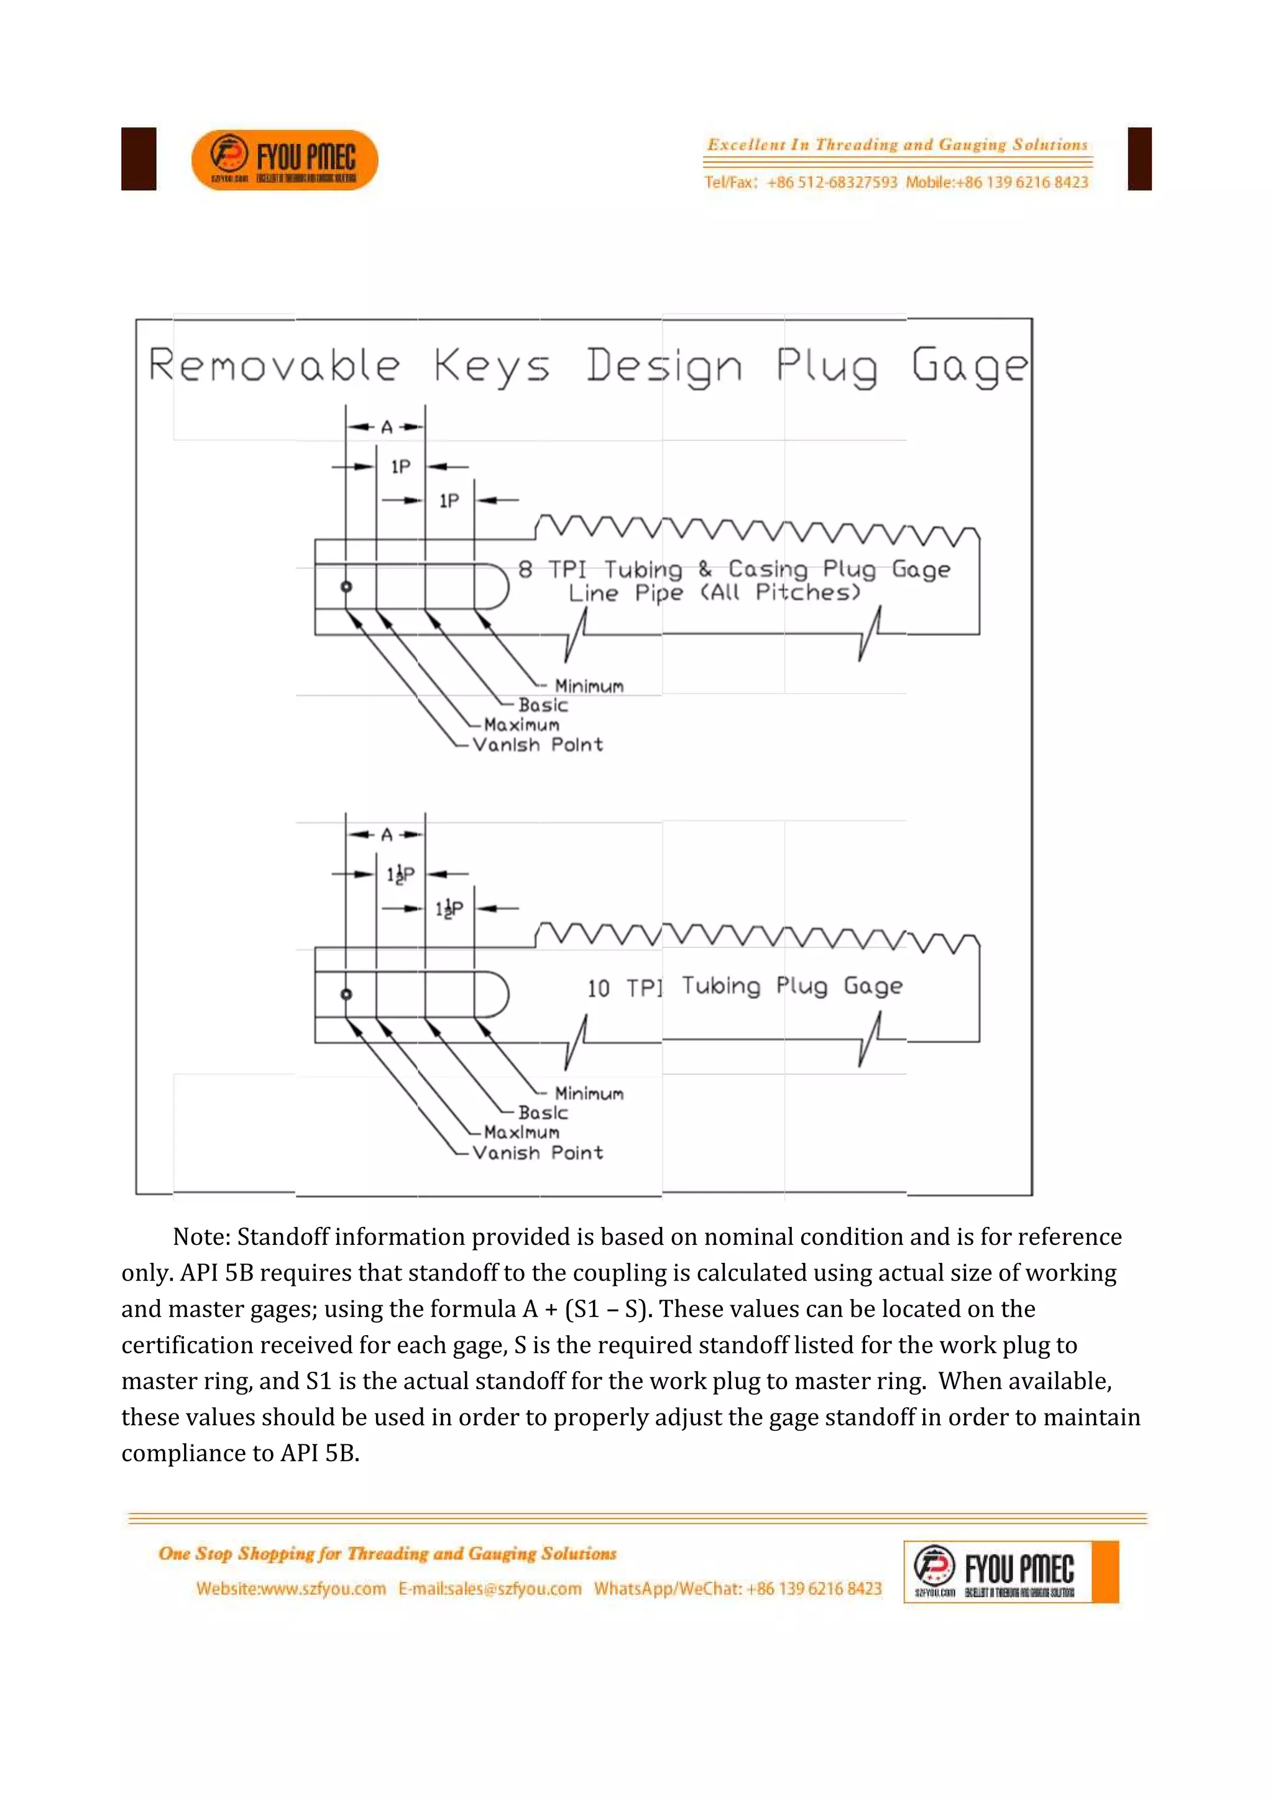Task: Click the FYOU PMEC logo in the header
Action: (285, 159)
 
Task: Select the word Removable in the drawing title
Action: (274, 366)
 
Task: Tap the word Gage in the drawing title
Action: (969, 366)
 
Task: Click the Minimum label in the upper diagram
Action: (589, 687)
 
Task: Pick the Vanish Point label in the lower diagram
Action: (538, 1152)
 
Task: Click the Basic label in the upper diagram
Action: (543, 705)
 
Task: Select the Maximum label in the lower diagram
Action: (522, 1132)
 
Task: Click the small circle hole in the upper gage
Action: (346, 586)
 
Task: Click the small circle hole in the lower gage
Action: (346, 994)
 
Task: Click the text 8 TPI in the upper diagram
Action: (552, 569)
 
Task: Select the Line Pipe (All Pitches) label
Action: (714, 593)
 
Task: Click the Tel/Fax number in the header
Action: (831, 183)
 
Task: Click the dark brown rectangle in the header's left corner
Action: (139, 159)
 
